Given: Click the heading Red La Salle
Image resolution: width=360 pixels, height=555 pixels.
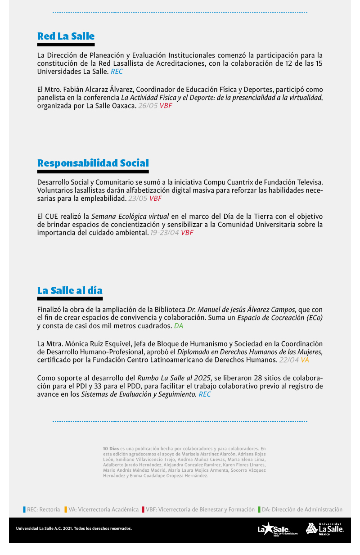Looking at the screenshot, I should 66,36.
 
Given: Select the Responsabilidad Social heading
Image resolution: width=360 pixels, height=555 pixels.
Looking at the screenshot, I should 93,163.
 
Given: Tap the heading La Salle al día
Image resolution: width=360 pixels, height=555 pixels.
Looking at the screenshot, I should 70,290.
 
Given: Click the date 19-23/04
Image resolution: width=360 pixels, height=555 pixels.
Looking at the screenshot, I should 165,233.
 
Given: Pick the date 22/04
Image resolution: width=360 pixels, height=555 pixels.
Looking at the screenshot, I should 289,360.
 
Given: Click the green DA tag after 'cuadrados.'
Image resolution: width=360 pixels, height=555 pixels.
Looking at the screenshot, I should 179,325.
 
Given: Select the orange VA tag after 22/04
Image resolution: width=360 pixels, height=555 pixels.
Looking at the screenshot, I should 305,360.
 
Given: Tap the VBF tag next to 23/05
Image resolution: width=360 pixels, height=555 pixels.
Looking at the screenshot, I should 156,198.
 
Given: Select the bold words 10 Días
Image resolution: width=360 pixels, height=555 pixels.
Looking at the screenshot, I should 111,449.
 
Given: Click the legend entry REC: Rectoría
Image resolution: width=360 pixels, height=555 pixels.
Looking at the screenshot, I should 43,510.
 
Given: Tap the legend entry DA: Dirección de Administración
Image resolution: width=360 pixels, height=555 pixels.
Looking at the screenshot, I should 301,510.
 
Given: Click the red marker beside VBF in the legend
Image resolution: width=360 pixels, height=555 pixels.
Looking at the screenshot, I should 143,510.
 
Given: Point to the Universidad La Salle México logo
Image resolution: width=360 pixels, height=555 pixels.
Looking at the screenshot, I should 325,528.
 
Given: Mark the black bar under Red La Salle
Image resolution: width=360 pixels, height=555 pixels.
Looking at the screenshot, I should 66,45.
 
